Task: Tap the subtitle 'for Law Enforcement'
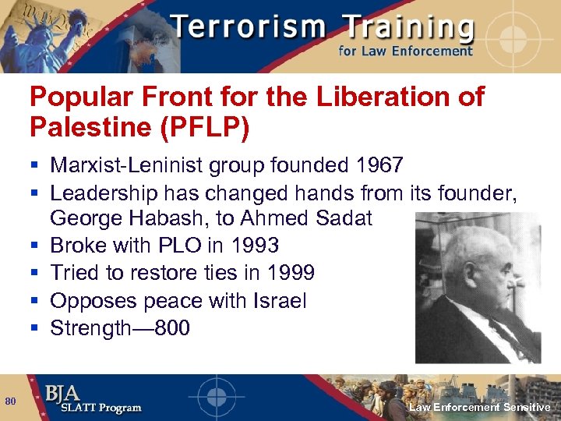click(405, 51)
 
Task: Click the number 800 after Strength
click(172, 327)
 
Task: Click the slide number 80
click(10, 401)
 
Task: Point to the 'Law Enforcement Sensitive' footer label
click(480, 408)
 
